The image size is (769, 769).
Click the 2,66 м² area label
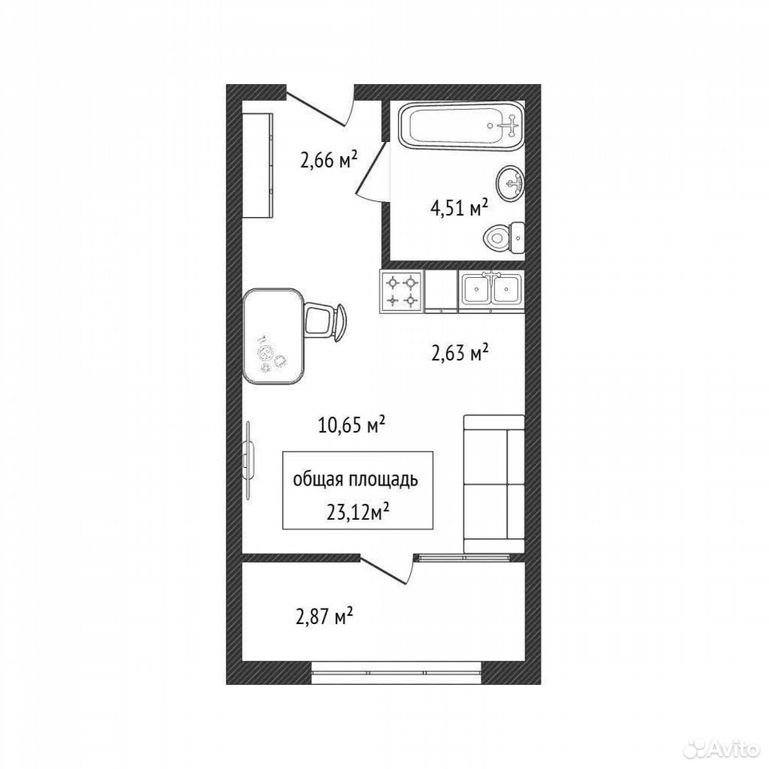point(328,159)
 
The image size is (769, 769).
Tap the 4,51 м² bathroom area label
point(459,209)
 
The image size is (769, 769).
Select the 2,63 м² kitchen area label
point(460,352)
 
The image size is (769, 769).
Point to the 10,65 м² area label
point(351,425)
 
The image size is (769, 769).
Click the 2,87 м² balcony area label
point(324,616)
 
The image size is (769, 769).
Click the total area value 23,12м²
point(357,513)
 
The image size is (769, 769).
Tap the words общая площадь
point(356,480)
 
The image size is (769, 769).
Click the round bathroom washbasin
point(510,183)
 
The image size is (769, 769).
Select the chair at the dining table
point(325,322)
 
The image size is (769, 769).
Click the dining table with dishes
point(272,337)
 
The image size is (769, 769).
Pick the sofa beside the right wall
point(494,485)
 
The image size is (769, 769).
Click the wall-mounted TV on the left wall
point(249,461)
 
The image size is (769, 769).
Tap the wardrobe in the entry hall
point(257,165)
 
